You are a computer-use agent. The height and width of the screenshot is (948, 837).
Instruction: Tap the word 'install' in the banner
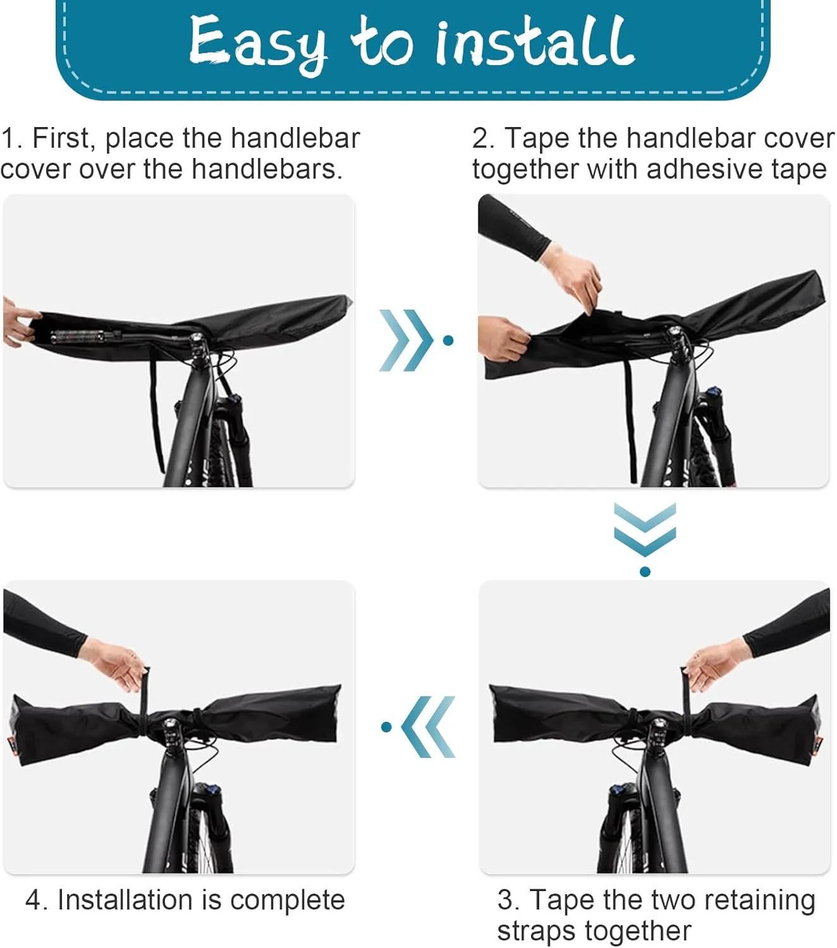pyautogui.click(x=535, y=40)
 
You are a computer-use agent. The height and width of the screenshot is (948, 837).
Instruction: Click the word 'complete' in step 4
pyautogui.click(x=288, y=900)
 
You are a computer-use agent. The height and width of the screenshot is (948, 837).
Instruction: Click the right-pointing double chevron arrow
pyautogui.click(x=406, y=340)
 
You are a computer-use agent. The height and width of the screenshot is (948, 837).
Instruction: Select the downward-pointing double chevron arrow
pyautogui.click(x=645, y=529)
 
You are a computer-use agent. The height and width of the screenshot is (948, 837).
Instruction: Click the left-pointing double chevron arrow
pyautogui.click(x=428, y=727)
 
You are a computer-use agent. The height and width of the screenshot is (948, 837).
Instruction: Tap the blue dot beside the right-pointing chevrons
pyautogui.click(x=448, y=340)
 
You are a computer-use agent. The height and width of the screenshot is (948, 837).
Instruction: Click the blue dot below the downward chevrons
pyautogui.click(x=645, y=571)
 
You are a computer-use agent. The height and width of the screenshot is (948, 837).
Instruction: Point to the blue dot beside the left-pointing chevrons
pyautogui.click(x=386, y=727)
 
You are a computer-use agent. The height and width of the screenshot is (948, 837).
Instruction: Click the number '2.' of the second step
pyautogui.click(x=483, y=139)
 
